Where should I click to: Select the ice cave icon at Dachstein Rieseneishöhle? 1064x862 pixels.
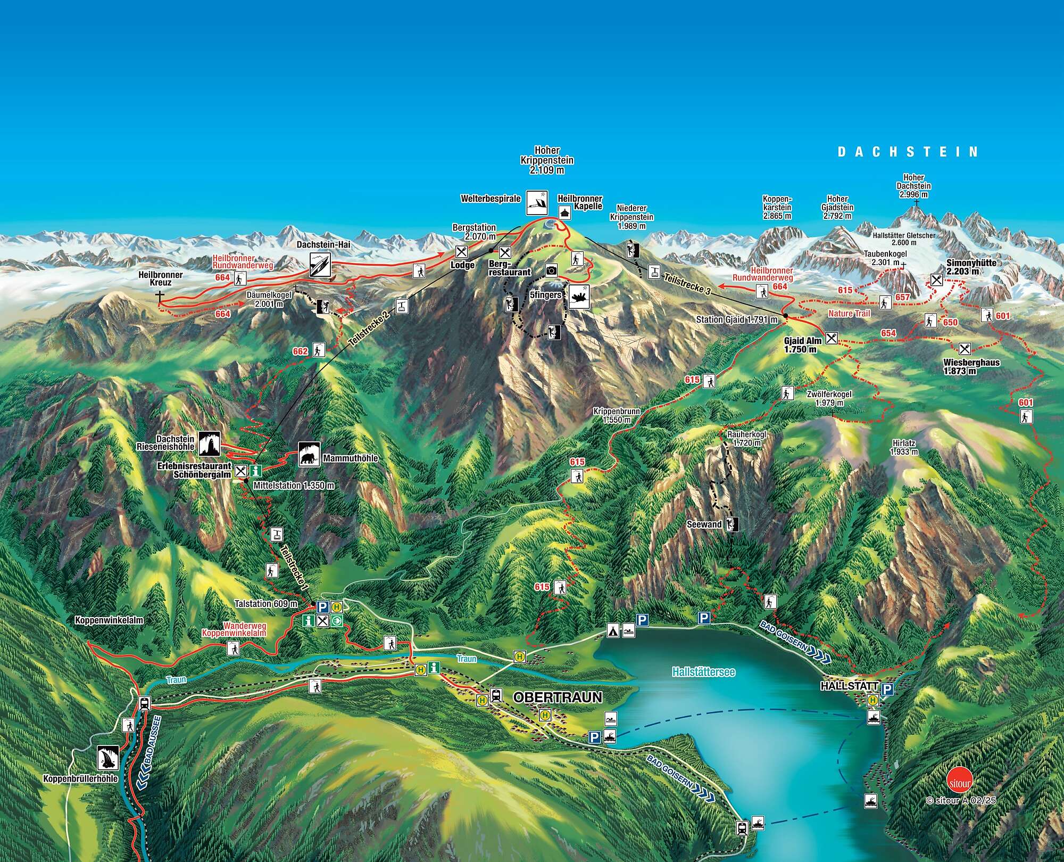[x=210, y=444]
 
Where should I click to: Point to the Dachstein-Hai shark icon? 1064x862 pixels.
[x=320, y=264]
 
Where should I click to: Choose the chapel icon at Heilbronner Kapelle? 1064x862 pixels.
[x=564, y=213]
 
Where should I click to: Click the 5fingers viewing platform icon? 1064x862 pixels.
[x=580, y=297]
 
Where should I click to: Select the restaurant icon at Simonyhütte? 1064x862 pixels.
[x=937, y=280]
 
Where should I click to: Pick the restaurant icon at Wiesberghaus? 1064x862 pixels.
[x=964, y=349]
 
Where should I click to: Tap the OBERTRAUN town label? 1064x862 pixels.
[x=558, y=697]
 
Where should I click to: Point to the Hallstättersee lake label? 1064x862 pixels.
[x=703, y=672]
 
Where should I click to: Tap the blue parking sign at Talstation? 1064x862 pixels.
[x=322, y=607]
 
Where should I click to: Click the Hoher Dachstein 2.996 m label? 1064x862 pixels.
[x=913, y=186]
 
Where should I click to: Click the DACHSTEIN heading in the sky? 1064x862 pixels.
[x=908, y=152]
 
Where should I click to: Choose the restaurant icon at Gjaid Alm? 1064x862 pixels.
[x=832, y=338]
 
